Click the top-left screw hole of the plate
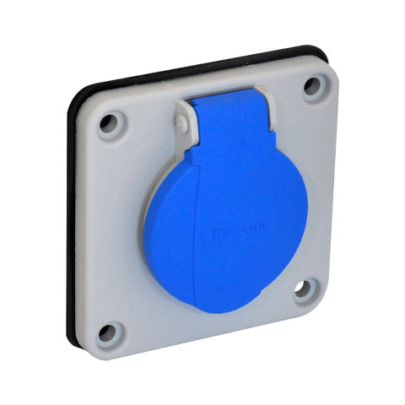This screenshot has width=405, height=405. (111, 127)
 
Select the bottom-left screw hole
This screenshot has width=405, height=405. (109, 332)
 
